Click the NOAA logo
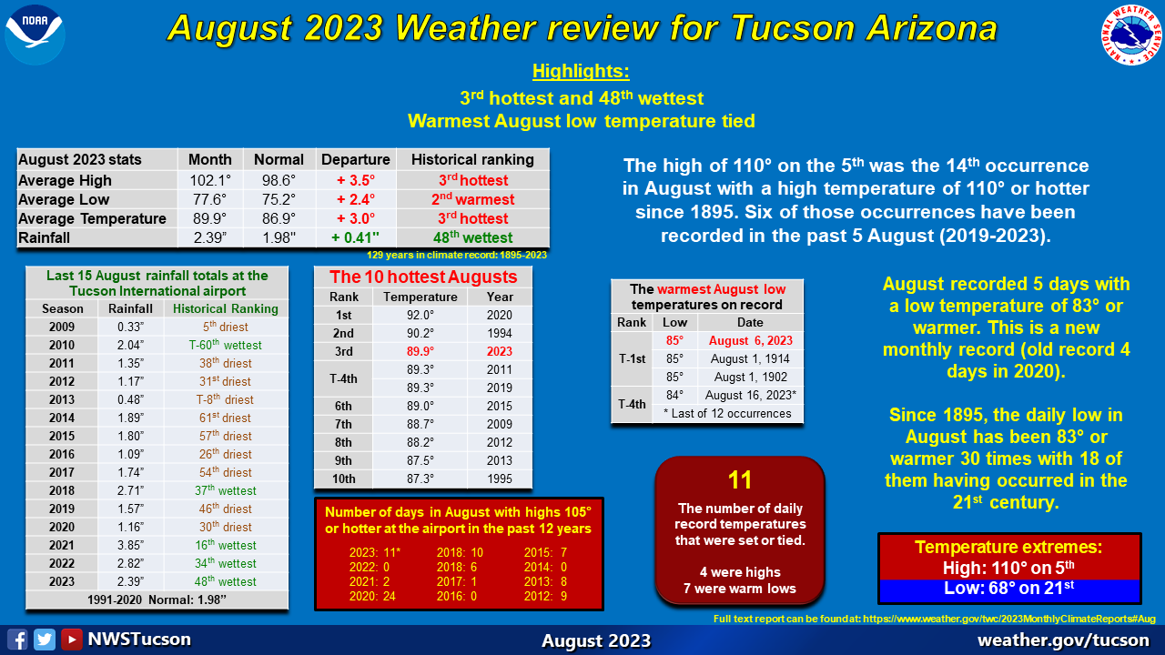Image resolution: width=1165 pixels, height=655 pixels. (x=35, y=35)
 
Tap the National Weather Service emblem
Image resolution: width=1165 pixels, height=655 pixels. (x=1131, y=35)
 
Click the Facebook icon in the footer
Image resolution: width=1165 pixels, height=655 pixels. (x=17, y=639)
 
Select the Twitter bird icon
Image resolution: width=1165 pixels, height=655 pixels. (x=45, y=639)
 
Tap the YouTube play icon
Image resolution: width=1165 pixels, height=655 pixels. (x=71, y=639)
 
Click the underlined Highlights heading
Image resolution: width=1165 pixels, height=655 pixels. (x=581, y=71)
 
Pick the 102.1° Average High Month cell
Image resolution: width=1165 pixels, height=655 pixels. (x=210, y=180)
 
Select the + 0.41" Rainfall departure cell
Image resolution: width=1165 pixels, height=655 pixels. (x=356, y=237)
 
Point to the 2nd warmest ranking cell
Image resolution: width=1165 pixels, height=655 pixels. (x=472, y=199)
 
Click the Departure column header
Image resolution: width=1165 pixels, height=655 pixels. (x=356, y=159)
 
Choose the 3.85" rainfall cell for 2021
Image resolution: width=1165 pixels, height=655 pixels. (x=130, y=545)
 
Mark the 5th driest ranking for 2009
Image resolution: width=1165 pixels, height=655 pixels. (x=225, y=327)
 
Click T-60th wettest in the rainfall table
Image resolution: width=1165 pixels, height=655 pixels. (x=225, y=345)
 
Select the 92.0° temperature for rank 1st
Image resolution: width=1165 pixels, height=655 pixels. (x=420, y=315)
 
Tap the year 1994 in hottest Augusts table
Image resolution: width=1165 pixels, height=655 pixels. (x=500, y=333)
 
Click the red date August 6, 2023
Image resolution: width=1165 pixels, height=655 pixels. (x=751, y=340)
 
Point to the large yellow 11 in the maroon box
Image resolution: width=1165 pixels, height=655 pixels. (x=740, y=479)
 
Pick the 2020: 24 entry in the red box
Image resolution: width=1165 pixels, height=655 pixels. (x=372, y=596)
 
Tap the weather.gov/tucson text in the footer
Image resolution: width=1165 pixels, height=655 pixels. (x=1063, y=640)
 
